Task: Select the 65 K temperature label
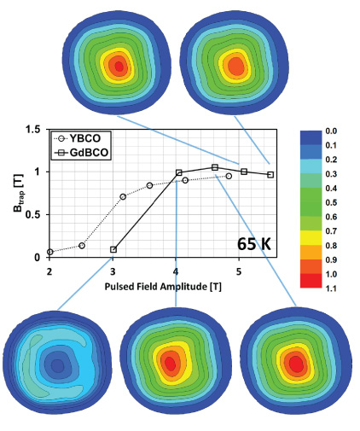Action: [253, 244]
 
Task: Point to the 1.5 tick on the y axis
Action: [33, 129]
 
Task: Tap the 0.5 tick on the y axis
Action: [33, 214]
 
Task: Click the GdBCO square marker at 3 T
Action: [113, 249]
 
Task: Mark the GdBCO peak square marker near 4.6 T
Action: [214, 167]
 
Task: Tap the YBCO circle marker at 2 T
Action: [50, 252]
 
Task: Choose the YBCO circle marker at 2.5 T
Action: [82, 245]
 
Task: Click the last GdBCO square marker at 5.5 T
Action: [270, 174]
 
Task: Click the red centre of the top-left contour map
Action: [119, 65]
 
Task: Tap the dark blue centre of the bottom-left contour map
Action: [56, 364]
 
